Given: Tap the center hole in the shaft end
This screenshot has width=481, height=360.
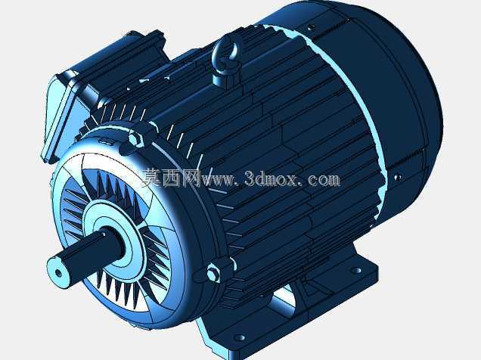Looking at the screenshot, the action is (58, 273).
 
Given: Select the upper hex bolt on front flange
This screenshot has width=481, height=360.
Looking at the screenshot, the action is (135, 139).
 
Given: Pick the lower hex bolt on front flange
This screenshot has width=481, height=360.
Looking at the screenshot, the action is (213, 272).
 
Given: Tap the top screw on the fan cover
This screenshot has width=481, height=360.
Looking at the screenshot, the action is (310, 27).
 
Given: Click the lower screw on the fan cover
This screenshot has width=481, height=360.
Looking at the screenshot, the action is (397, 177).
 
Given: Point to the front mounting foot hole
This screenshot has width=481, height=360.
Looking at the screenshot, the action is (240, 337).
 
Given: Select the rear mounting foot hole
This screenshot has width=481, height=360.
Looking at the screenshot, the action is (356, 270).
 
